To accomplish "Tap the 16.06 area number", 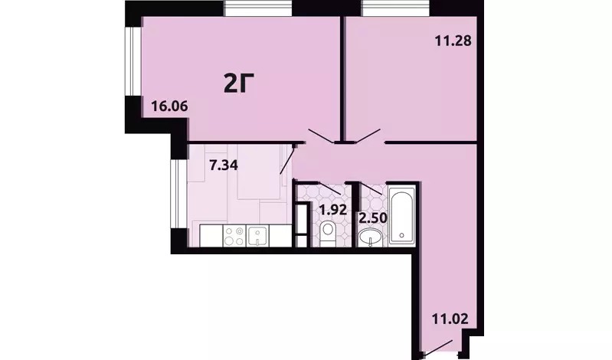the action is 170,106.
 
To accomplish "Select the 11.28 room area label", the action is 453,41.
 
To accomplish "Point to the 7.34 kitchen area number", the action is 224,165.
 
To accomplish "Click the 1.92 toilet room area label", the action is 333,210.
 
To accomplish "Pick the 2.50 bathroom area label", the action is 373,218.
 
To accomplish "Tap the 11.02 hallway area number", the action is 450,319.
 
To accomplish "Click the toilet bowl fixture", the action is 328,234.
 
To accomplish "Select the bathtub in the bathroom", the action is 402,215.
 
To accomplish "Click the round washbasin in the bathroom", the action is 370,237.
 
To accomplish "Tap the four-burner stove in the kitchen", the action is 234,236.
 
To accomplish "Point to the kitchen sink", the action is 257,236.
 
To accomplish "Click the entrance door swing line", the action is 437,349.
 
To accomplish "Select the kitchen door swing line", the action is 287,159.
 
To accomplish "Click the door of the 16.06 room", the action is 322,135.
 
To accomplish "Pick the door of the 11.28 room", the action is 365,136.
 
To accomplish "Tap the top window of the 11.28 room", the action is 396,8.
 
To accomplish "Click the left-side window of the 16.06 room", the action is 133,61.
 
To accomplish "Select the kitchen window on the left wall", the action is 179,194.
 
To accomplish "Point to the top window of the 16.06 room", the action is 257,8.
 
